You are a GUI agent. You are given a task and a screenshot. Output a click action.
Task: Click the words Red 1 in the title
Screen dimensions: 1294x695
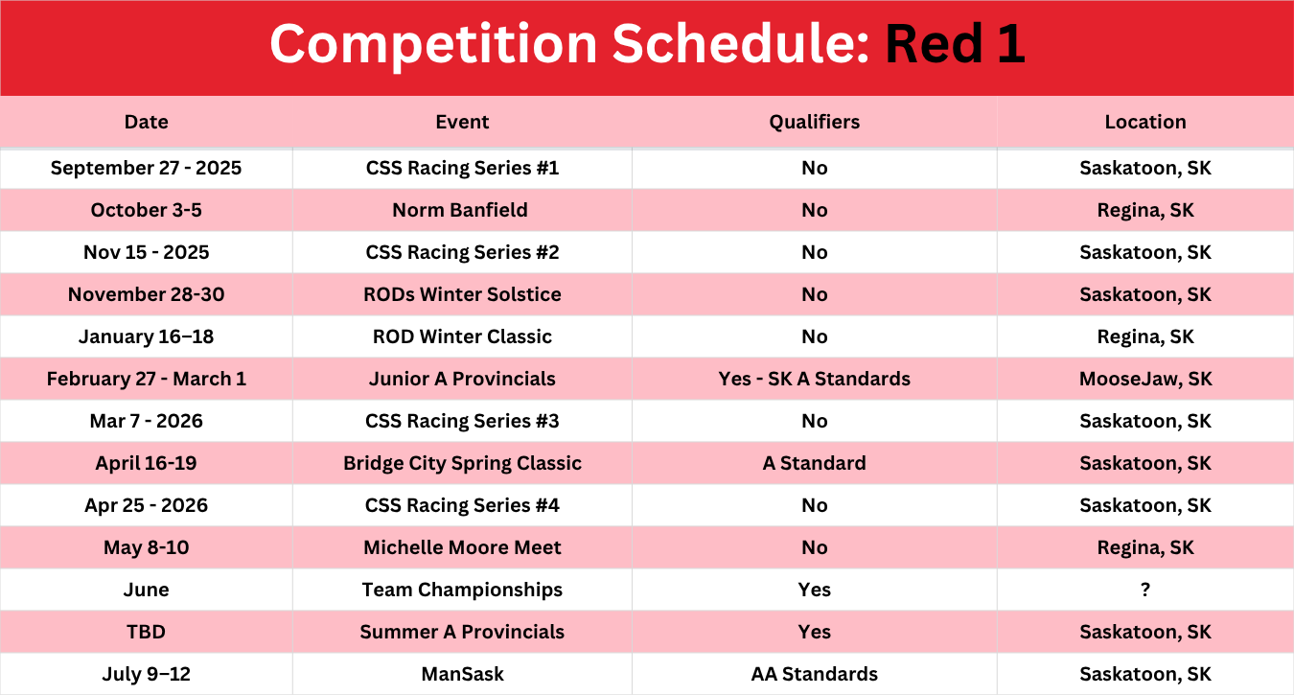coord(956,44)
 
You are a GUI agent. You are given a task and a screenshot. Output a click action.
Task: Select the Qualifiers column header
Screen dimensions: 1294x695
coord(814,122)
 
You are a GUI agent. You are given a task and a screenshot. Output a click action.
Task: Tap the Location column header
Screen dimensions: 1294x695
coord(1145,122)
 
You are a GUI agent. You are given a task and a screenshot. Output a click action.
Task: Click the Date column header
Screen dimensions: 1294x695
coord(146,122)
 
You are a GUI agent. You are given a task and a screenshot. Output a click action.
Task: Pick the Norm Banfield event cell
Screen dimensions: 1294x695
coord(460,210)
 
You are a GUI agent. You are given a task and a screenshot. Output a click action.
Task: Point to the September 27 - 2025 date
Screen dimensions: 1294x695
coord(146,168)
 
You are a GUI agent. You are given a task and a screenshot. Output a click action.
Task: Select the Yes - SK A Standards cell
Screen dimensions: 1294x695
coord(814,379)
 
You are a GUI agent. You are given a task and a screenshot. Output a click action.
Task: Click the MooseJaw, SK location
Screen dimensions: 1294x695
coord(1145,379)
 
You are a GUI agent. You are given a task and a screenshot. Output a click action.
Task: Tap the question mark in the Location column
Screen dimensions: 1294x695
coord(1145,590)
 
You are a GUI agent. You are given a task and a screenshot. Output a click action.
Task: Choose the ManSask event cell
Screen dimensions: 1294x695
coord(462,674)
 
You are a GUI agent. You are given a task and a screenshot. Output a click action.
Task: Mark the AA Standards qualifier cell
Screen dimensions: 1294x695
coord(814,674)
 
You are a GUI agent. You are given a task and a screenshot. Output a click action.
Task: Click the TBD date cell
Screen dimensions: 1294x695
coord(146,632)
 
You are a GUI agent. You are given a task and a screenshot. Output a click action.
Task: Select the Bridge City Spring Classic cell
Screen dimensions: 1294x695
coord(462,463)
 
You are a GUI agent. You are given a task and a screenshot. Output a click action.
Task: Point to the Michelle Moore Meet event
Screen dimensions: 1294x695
coord(462,547)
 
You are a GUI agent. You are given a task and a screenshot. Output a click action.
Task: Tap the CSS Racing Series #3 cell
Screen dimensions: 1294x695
coord(462,421)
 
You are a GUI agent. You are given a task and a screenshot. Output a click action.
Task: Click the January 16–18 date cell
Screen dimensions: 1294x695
coord(146,336)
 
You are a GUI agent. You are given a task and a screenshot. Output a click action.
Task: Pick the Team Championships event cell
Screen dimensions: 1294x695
coord(462,590)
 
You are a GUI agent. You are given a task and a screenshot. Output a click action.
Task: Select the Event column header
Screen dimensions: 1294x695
coord(462,122)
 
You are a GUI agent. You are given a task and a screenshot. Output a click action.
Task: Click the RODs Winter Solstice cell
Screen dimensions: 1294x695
coord(462,294)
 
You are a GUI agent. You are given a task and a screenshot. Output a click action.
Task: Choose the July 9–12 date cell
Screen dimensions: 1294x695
coord(146,674)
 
